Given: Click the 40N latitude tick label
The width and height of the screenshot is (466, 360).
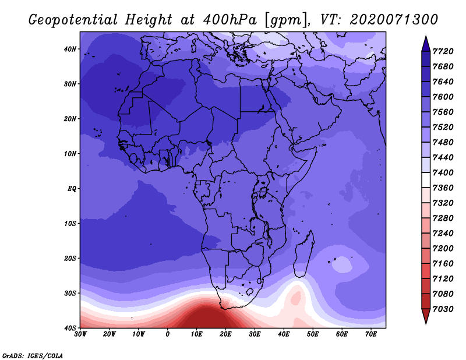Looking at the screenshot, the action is (x=70, y=49).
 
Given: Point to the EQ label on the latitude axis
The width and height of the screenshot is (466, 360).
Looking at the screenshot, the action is (x=72, y=189).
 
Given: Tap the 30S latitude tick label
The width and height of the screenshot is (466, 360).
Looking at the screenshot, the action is (x=70, y=294).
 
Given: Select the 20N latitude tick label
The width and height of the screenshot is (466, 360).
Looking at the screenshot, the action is (x=70, y=119).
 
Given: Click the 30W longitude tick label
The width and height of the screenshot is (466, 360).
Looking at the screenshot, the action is (x=80, y=334).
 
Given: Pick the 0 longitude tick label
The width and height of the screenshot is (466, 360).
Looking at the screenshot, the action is (x=168, y=334).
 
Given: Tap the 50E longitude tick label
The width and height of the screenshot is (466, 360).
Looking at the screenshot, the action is (x=313, y=334).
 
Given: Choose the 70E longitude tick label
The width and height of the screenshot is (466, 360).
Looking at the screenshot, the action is (x=371, y=334).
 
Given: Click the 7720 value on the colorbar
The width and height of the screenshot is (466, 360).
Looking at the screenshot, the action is (x=443, y=51).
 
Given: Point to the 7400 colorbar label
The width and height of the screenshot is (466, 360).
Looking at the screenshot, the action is (x=443, y=172).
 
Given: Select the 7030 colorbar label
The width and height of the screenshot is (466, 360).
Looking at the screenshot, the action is (x=443, y=309).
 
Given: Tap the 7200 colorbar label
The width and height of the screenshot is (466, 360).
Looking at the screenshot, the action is (x=443, y=249).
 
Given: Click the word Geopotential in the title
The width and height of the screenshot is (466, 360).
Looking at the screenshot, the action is (x=73, y=20).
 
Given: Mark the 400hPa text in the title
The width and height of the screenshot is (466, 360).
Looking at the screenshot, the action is (x=230, y=20).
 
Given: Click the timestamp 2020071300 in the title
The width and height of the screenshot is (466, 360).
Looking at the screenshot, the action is (x=394, y=20).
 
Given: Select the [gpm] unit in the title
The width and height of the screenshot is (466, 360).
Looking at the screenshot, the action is (x=286, y=20).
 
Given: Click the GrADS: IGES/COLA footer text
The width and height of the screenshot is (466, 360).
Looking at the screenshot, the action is (x=33, y=356).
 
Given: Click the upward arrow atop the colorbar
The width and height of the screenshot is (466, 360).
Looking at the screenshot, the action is (x=426, y=44).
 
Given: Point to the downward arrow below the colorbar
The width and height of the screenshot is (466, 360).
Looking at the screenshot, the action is (x=426, y=316).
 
